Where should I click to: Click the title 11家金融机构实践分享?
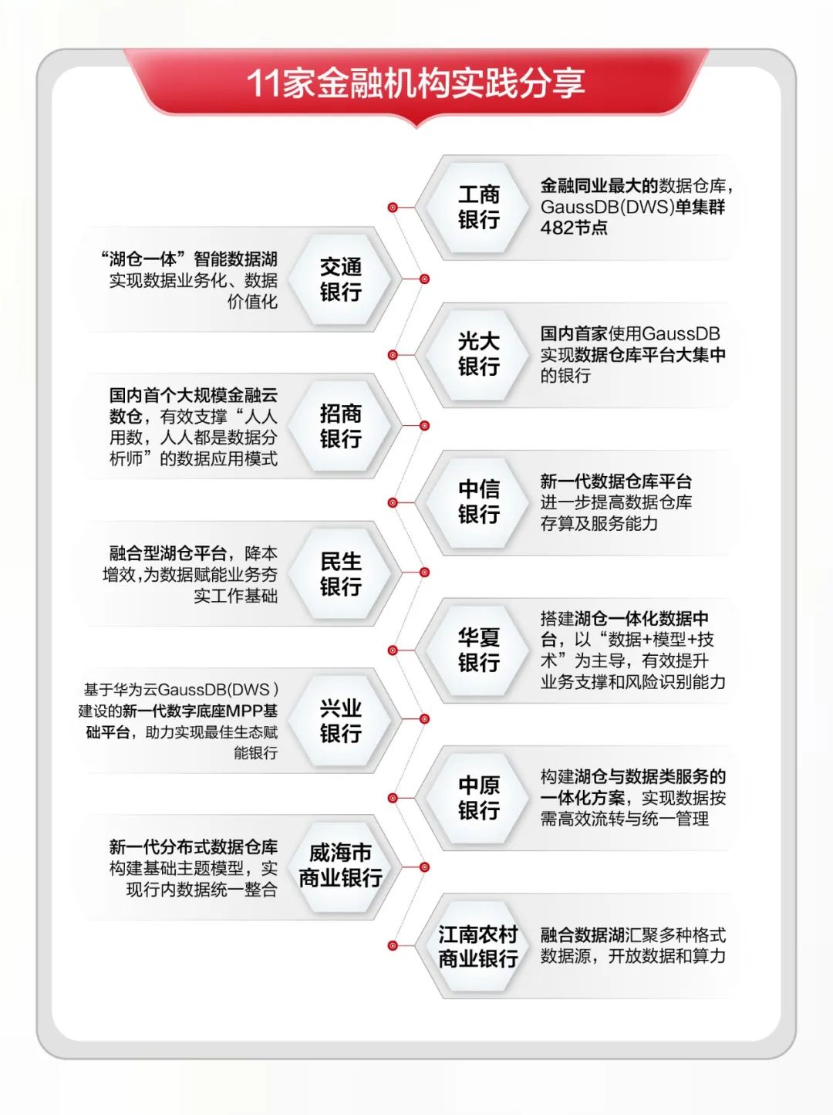(416, 83)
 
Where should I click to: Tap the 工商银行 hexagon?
(478, 207)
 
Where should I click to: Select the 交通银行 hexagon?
(340, 279)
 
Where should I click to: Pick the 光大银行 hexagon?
(478, 354)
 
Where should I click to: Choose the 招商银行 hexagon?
(340, 426)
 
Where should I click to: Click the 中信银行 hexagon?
(478, 502)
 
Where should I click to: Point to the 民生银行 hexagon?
(340, 573)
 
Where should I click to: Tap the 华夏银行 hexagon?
(478, 650)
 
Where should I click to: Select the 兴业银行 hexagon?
(340, 721)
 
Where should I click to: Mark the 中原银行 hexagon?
(478, 798)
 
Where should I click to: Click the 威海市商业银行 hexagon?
(340, 866)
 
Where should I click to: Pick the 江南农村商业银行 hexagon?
(478, 947)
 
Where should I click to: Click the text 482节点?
(574, 228)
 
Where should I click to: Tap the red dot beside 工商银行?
(393, 208)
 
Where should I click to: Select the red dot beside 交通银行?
(423, 279)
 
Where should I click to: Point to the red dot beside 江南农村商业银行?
(393, 946)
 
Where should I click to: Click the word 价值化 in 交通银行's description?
(252, 302)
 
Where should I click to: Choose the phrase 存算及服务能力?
(599, 523)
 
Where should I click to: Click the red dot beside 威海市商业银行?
(423, 867)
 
